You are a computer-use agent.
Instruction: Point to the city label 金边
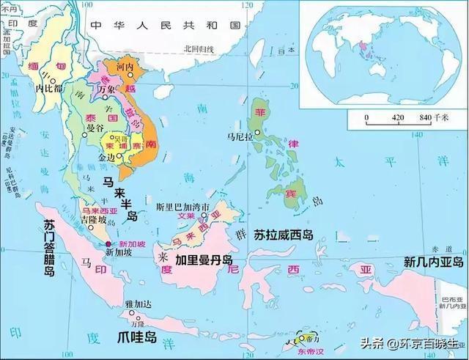click(106, 156)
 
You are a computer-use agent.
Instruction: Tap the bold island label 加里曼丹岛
click(204, 260)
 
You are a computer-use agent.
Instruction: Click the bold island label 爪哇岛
click(137, 337)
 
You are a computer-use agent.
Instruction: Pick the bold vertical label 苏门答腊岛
click(49, 248)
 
